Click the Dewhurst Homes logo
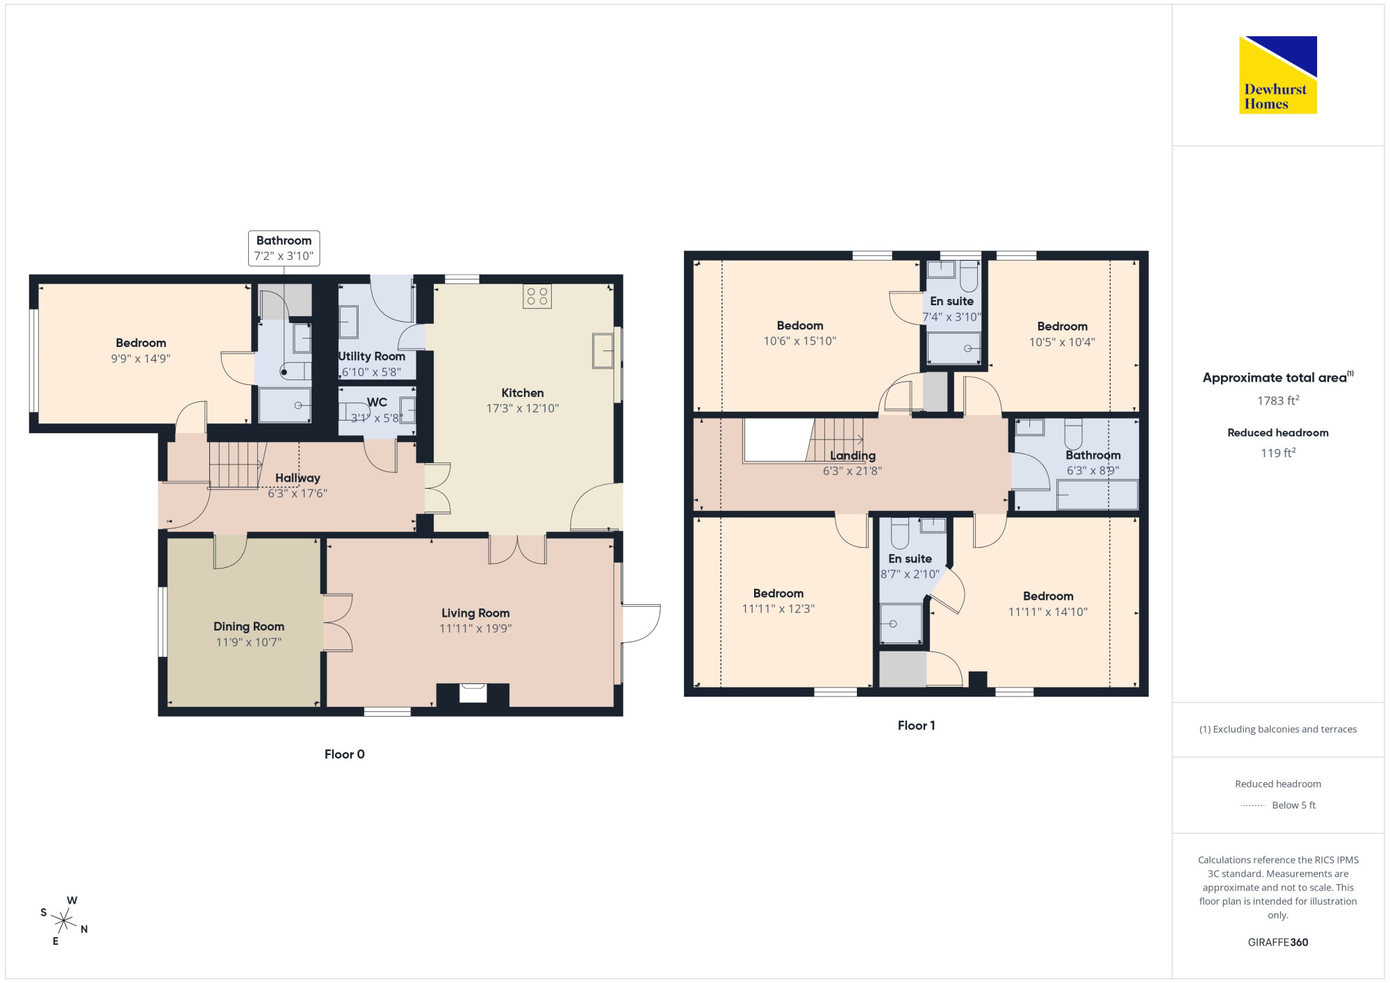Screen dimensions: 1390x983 pos(1277,74)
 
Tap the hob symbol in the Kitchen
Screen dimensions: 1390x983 pos(537,296)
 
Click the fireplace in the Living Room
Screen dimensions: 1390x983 pos(473,693)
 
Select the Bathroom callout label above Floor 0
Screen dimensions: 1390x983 pos(284,248)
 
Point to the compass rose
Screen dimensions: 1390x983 pos(64,921)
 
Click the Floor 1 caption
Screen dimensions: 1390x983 pos(916,726)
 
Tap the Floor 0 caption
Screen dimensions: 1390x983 pos(344,754)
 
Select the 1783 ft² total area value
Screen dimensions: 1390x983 pos(1278,400)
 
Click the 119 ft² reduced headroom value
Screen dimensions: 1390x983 pos(1278,453)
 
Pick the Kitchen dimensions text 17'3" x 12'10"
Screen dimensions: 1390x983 pos(523,408)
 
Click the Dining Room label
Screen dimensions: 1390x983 pos(249,626)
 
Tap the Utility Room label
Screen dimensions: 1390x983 pos(372,356)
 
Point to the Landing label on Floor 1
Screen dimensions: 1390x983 pos(853,455)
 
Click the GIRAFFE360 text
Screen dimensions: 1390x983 pos(1278,942)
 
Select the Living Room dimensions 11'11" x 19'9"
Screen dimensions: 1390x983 pos(475,628)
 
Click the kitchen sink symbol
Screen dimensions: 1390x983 pos(603,350)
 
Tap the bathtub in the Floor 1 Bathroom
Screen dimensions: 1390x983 pos(1097,495)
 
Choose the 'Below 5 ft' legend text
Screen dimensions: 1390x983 pos(1293,805)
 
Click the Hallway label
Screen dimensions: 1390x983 pos(297,478)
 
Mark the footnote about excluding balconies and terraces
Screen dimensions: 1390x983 pos(1278,729)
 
